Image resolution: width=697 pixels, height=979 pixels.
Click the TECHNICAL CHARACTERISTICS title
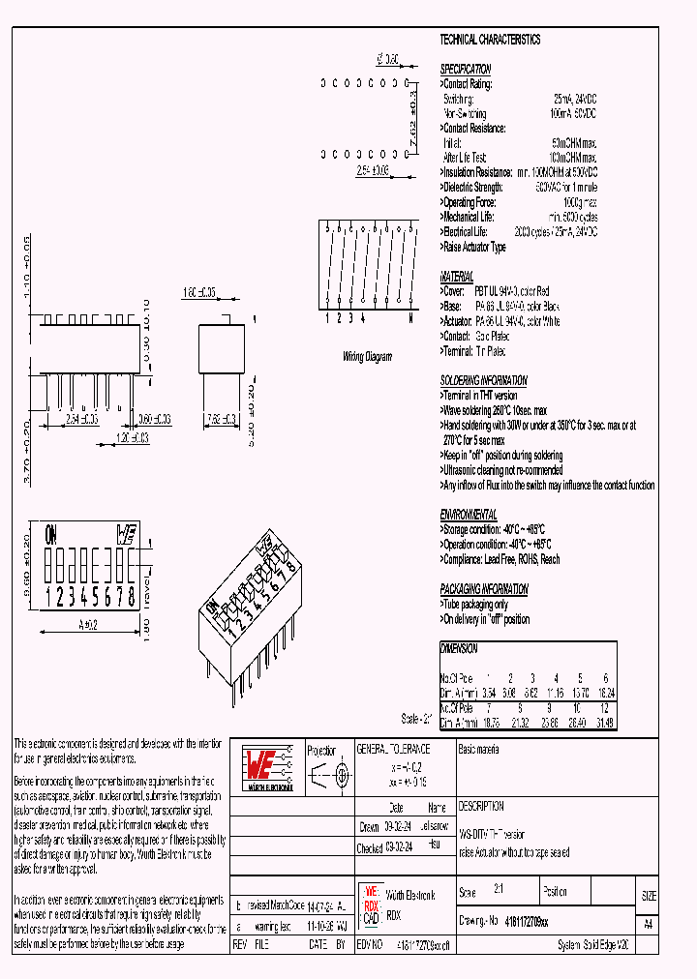click(490, 40)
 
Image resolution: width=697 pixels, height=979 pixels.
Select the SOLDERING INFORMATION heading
click(483, 381)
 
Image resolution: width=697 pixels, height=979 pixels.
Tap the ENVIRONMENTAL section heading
click(469, 515)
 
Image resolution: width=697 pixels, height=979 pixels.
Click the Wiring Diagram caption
click(368, 357)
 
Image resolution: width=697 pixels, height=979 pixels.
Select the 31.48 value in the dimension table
click(605, 723)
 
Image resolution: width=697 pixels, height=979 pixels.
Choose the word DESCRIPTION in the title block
click(481, 806)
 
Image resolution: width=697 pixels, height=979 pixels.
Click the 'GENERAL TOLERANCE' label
click(393, 750)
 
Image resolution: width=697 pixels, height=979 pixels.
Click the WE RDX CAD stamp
click(371, 904)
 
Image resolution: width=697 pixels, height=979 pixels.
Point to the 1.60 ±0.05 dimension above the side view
click(199, 290)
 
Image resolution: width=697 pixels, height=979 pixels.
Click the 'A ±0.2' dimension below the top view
click(89, 623)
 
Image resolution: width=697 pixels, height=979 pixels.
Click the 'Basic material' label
click(481, 750)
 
